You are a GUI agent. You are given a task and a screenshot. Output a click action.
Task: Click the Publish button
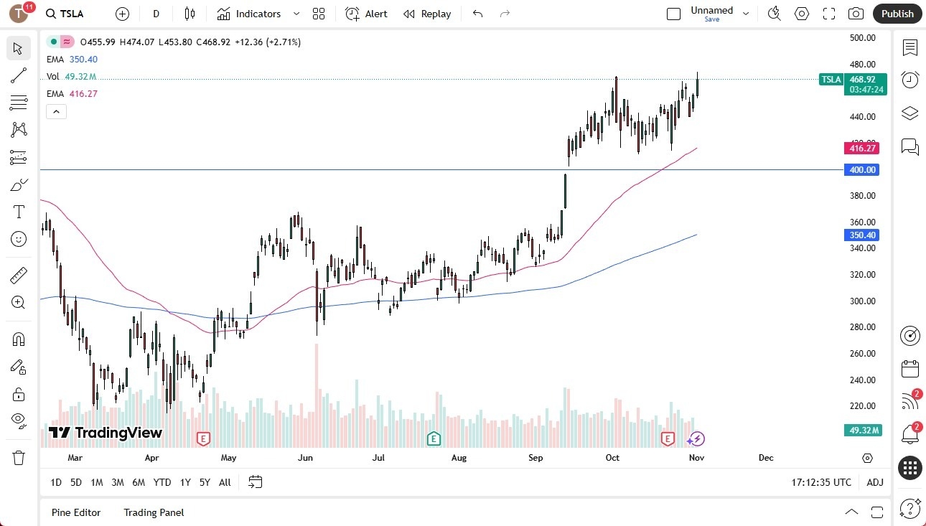coord(897,14)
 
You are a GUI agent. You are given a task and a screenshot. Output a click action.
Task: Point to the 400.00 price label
coord(862,170)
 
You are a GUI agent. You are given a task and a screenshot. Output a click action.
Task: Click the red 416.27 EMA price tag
coord(862,149)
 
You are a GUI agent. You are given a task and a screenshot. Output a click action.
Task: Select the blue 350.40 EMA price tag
coord(862,235)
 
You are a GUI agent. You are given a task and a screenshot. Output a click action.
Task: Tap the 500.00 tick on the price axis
coord(863,38)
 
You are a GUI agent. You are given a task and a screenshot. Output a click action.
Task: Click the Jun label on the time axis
coord(305,458)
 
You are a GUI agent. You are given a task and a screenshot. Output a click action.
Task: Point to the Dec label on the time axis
coord(765,458)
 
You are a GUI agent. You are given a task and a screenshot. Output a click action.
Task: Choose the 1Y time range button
coord(185,482)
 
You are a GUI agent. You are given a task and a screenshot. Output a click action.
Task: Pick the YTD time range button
coord(162,482)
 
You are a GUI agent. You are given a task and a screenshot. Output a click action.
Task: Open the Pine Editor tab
coord(76,512)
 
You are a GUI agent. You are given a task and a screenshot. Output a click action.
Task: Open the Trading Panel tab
coord(154,512)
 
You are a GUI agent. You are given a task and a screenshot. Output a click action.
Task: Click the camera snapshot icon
coord(856,14)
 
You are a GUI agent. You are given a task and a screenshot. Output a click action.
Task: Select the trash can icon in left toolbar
coord(19,458)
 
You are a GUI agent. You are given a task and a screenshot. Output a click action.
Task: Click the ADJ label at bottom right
coord(875,482)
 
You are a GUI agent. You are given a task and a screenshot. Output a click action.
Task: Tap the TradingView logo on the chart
coord(106,433)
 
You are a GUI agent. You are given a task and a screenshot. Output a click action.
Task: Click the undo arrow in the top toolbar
coord(477,14)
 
